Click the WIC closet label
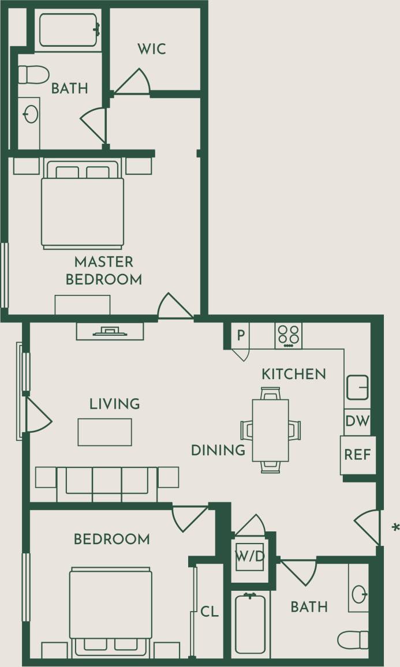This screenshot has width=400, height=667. click(x=152, y=49)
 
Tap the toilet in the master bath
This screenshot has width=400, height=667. click(x=32, y=74)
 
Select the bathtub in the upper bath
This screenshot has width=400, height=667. click(x=69, y=30)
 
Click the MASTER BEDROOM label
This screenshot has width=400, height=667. click(x=104, y=271)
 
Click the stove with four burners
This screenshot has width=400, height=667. click(x=289, y=335)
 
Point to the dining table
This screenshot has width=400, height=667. click(x=270, y=430)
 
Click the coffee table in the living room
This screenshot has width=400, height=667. click(x=105, y=432)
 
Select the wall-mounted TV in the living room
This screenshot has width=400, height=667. click(x=110, y=331)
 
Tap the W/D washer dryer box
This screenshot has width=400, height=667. click(x=249, y=557)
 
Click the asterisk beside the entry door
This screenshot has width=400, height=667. click(x=395, y=527)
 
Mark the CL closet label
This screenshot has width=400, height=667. click(x=210, y=612)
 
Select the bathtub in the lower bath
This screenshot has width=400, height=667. click(x=251, y=624)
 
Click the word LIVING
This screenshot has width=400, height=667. click(x=115, y=404)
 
